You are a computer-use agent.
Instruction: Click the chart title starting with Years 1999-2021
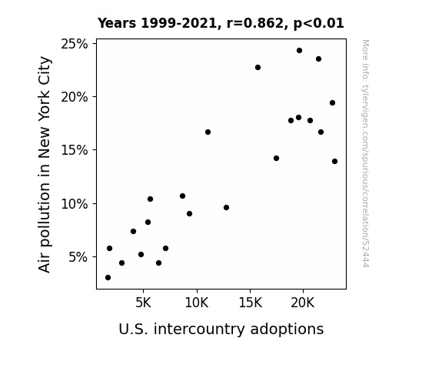(221, 23)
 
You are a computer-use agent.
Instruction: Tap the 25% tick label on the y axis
(75, 44)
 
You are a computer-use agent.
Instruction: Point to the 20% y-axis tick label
(75, 97)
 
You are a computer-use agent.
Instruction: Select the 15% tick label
(75, 150)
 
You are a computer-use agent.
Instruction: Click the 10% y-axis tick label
(75, 203)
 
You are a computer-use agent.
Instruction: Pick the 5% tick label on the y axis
(78, 257)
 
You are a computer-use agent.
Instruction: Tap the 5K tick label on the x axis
(143, 303)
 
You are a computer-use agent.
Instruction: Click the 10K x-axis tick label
(197, 303)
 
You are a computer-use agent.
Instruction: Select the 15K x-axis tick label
(250, 303)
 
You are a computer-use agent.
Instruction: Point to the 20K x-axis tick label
(303, 303)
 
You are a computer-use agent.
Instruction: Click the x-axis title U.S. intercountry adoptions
(221, 330)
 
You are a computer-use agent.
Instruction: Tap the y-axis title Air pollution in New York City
(45, 164)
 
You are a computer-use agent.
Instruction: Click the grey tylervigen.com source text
(365, 153)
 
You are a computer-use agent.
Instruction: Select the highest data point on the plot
(299, 51)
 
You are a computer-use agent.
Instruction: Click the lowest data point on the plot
(108, 278)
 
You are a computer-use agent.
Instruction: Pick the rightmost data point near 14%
(334, 161)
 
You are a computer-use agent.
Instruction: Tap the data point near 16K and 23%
(258, 68)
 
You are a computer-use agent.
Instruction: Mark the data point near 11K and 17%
(208, 132)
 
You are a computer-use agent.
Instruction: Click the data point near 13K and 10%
(226, 208)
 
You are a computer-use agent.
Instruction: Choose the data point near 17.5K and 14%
(276, 158)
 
